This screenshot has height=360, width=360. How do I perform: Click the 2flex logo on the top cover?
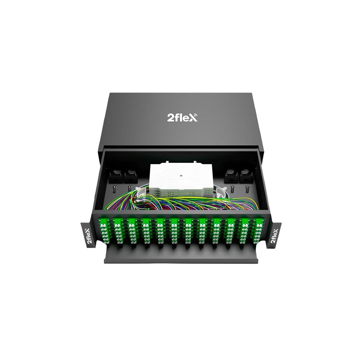pos(181,118)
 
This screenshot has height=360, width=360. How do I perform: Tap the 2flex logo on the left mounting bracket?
pos(90,235)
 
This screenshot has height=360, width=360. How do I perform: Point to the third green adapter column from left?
pos(132,230)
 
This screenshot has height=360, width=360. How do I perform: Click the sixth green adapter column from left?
pos(174,230)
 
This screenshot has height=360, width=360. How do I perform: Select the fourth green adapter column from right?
pos(216,230)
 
